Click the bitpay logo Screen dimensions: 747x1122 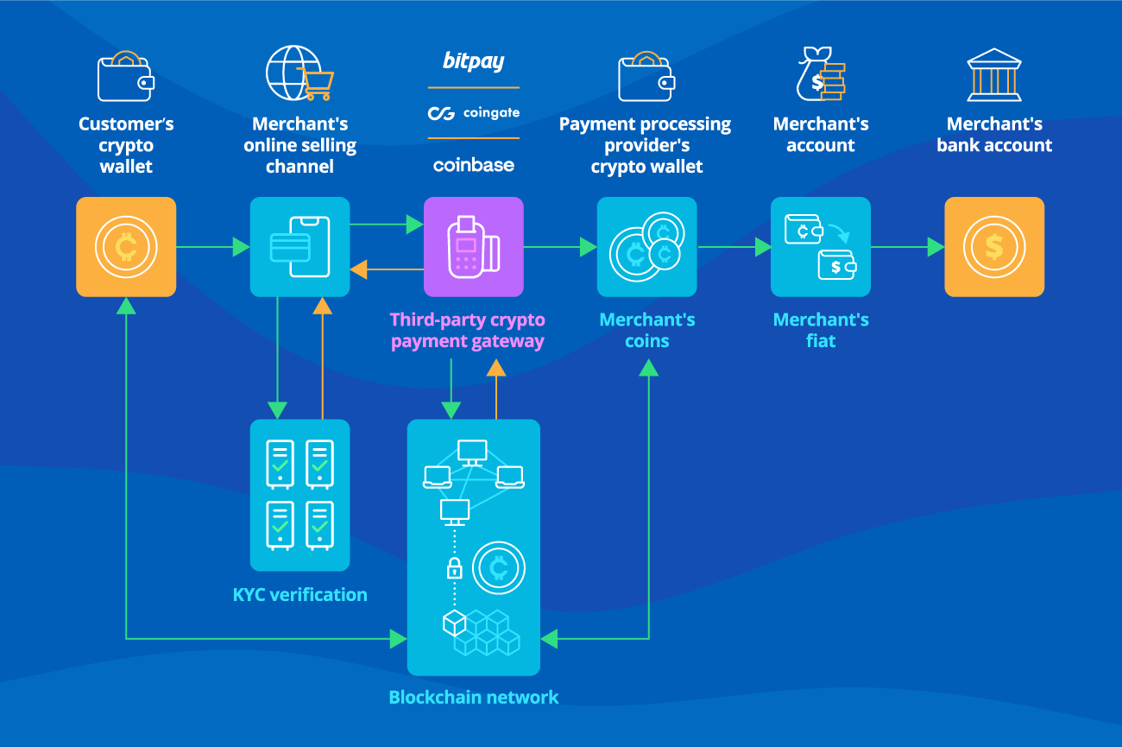click(473, 61)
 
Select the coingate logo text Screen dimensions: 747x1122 click(490, 113)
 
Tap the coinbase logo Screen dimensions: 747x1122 click(473, 165)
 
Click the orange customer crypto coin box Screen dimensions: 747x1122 click(126, 247)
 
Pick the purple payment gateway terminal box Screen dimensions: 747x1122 click(473, 247)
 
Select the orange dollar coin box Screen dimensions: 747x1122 click(993, 247)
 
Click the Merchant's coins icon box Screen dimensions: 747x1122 click(646, 247)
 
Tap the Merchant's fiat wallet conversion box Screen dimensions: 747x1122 click(820, 247)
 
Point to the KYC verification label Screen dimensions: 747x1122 click(299, 594)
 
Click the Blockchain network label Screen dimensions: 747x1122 click(473, 697)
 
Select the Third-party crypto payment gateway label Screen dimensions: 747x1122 click(467, 330)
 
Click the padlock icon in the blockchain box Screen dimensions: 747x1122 click(454, 568)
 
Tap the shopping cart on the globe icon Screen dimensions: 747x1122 click(315, 84)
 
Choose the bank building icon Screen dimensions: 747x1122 click(993, 75)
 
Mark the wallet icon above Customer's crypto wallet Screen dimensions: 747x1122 click(126, 76)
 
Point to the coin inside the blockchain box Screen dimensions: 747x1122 click(498, 568)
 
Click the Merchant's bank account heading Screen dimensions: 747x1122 click(993, 135)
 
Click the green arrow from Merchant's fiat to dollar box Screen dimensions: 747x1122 click(907, 247)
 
